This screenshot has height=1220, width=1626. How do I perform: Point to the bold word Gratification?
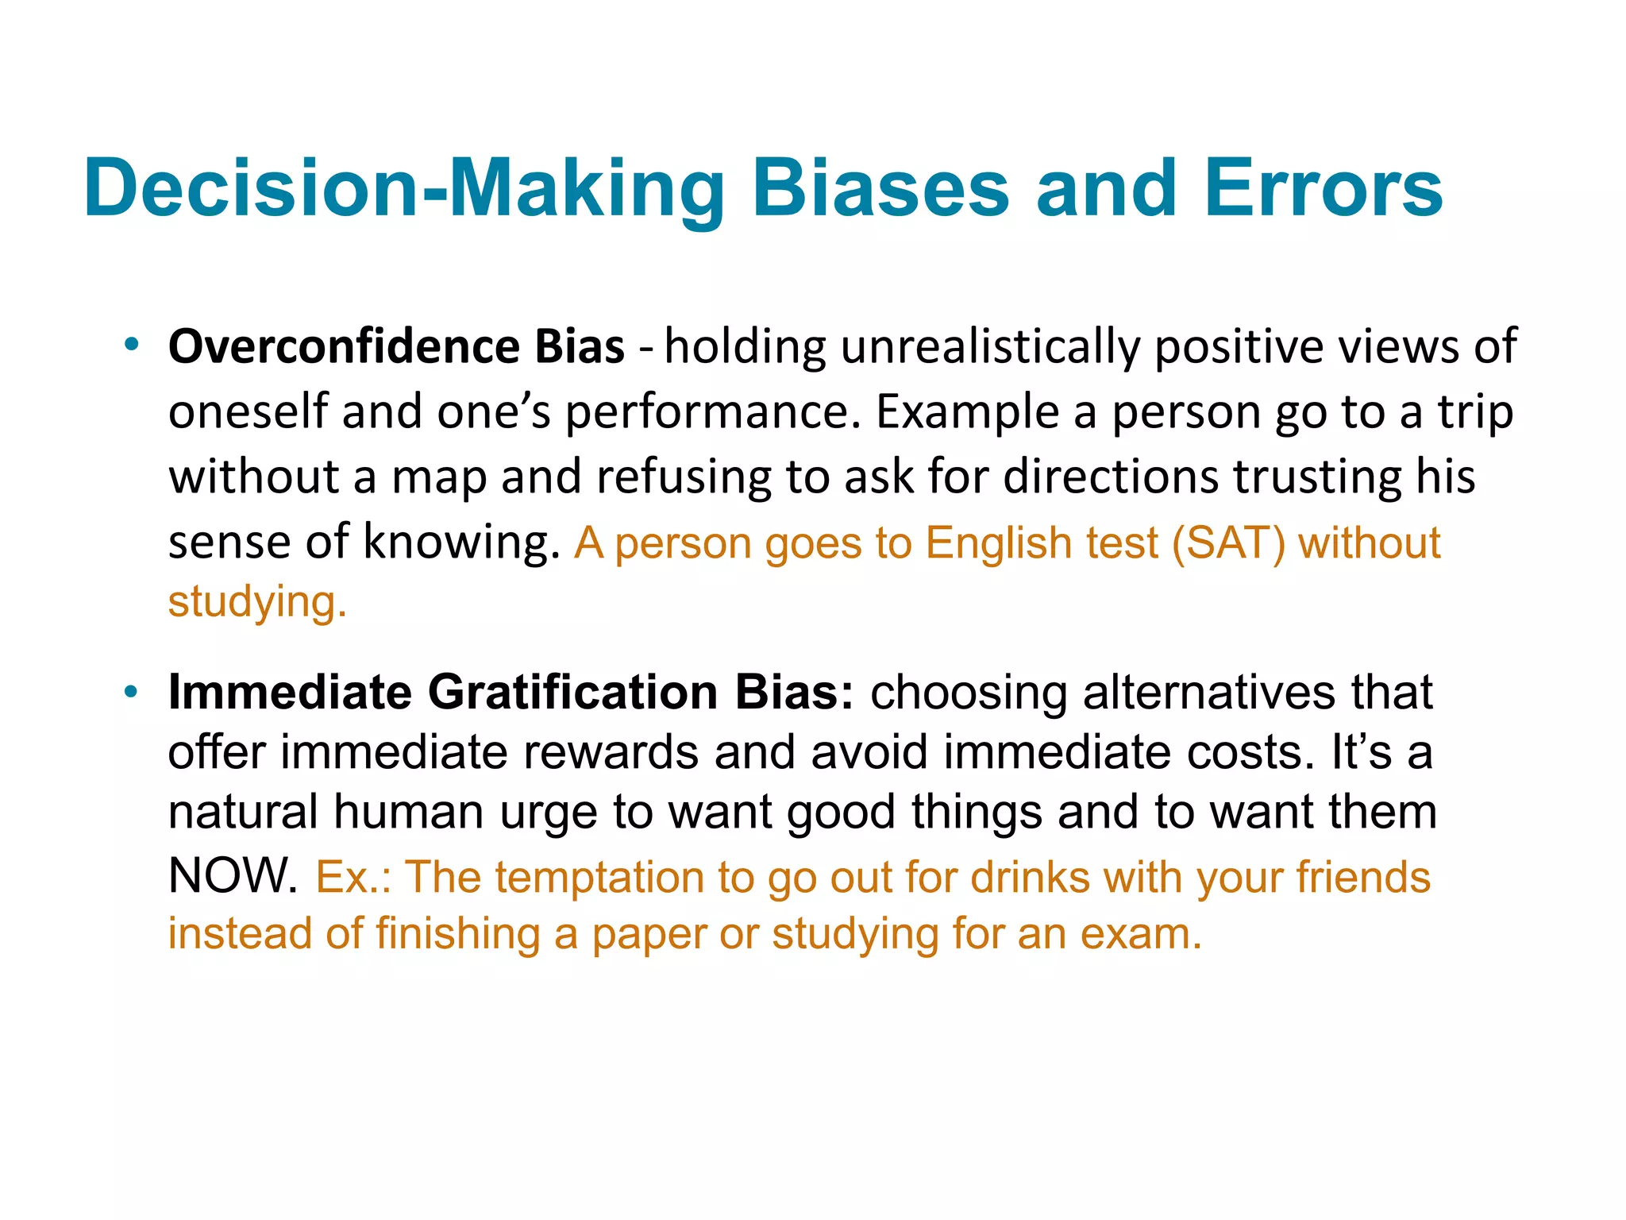pos(574,692)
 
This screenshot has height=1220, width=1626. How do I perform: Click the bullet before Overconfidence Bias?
pos(132,345)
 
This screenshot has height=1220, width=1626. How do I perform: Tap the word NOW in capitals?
pos(232,875)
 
